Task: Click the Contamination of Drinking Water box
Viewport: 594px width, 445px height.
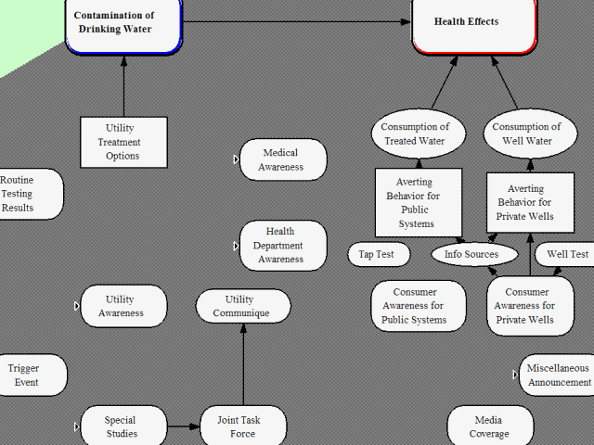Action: [x=123, y=23]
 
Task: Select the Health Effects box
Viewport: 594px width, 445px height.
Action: [x=474, y=23]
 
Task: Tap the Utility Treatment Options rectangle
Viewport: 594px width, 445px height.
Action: [x=123, y=142]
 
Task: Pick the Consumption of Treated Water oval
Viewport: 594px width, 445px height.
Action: [x=415, y=134]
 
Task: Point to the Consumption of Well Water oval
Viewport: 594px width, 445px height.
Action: [x=526, y=134]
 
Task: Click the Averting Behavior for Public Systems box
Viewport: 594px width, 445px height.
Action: [x=417, y=202]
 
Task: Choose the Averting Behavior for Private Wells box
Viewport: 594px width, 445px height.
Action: [x=530, y=203]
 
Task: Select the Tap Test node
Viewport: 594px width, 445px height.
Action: [x=376, y=254]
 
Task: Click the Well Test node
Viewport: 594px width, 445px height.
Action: [x=566, y=254]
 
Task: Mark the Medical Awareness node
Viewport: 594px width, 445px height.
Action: [x=282, y=159]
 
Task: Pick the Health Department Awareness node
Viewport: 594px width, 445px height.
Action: [x=282, y=246]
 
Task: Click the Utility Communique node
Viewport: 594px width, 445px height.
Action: [x=243, y=306]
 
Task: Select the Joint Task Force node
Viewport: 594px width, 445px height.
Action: [x=243, y=426]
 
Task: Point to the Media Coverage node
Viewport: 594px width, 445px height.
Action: [x=489, y=426]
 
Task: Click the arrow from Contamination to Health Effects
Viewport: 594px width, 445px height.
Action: [x=297, y=21]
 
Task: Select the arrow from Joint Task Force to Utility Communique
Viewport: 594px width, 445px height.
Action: [x=243, y=366]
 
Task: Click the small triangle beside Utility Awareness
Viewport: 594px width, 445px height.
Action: [x=77, y=306]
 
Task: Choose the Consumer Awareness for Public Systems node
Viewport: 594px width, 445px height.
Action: [x=418, y=306]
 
